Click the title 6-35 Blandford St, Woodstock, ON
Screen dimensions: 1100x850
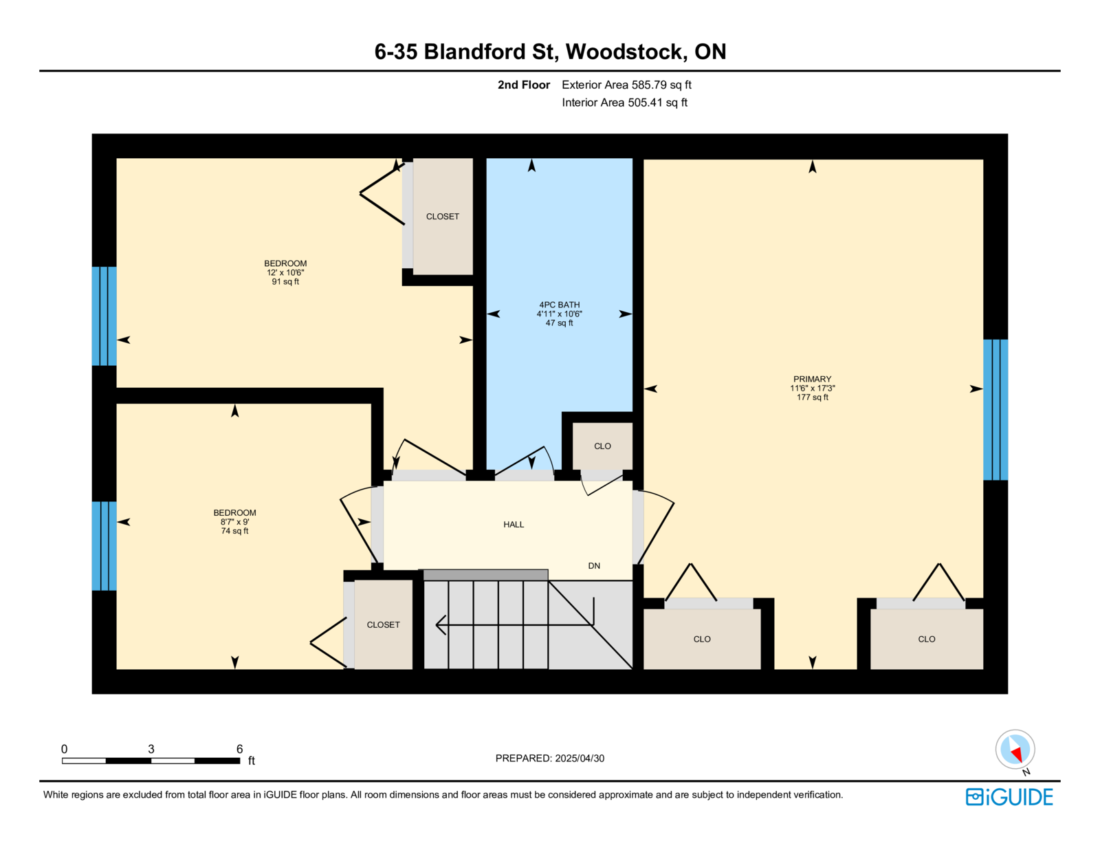pos(550,52)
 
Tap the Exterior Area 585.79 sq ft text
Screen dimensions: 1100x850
pos(626,85)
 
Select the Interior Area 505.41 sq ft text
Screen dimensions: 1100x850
pos(624,102)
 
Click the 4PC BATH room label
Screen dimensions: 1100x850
pos(559,305)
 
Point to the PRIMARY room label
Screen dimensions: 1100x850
pos(812,379)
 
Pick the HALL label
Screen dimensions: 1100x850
pos(514,525)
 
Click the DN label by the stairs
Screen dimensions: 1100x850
pos(594,566)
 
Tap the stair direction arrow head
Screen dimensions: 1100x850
pos(441,624)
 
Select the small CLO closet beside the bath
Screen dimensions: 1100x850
pos(602,446)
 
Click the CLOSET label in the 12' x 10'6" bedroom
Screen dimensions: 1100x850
pos(442,217)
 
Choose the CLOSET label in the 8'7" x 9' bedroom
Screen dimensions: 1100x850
pos(383,625)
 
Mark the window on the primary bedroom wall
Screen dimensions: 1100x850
pos(995,409)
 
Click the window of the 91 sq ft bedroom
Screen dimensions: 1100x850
pos(104,316)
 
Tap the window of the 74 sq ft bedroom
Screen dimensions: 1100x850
pos(104,546)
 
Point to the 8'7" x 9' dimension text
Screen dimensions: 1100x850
pos(234,522)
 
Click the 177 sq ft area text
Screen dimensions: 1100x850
pos(812,397)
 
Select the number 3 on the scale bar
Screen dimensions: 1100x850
pos(151,749)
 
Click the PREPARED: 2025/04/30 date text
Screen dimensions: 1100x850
pos(550,759)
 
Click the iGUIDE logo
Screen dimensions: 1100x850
pos(1009,797)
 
